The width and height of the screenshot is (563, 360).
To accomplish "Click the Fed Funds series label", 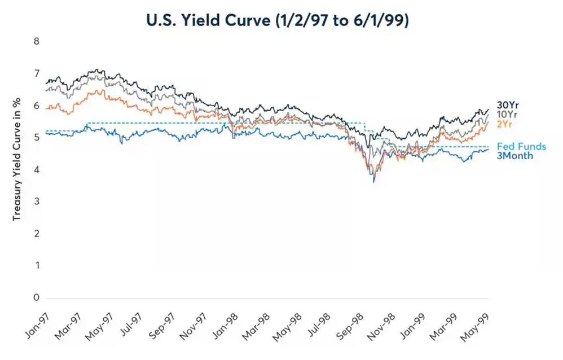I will click(521, 147).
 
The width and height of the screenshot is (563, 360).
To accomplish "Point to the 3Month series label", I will click(514, 156).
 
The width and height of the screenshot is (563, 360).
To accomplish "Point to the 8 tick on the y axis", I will click(36, 41).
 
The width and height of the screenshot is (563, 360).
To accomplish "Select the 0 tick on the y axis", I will click(36, 297).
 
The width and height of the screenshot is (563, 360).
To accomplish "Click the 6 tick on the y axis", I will click(36, 106).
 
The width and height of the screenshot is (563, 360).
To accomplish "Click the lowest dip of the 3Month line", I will click(373, 182).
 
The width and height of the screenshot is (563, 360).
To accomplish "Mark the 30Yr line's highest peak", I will click(98, 70).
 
